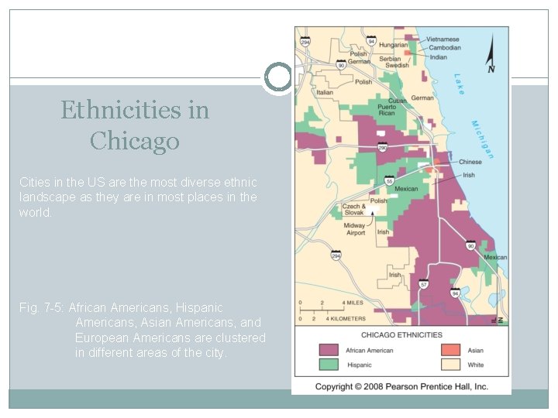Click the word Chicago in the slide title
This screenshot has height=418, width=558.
[134, 141]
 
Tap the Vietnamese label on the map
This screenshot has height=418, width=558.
[443, 39]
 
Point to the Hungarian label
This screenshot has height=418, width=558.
[394, 45]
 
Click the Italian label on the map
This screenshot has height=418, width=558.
[325, 92]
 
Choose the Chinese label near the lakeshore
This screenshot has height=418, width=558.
[470, 163]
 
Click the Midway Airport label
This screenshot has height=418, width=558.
[356, 229]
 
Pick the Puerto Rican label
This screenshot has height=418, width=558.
[386, 109]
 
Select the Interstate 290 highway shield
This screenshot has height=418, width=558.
[382, 147]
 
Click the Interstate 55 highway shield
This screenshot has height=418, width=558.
[389, 181]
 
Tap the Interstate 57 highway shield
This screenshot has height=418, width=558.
[424, 285]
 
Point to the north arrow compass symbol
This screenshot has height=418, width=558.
[491, 57]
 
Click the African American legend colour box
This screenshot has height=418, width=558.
[329, 350]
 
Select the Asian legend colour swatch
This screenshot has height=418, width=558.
[451, 350]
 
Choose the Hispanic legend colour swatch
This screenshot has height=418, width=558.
[329, 365]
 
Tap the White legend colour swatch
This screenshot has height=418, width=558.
[451, 365]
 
